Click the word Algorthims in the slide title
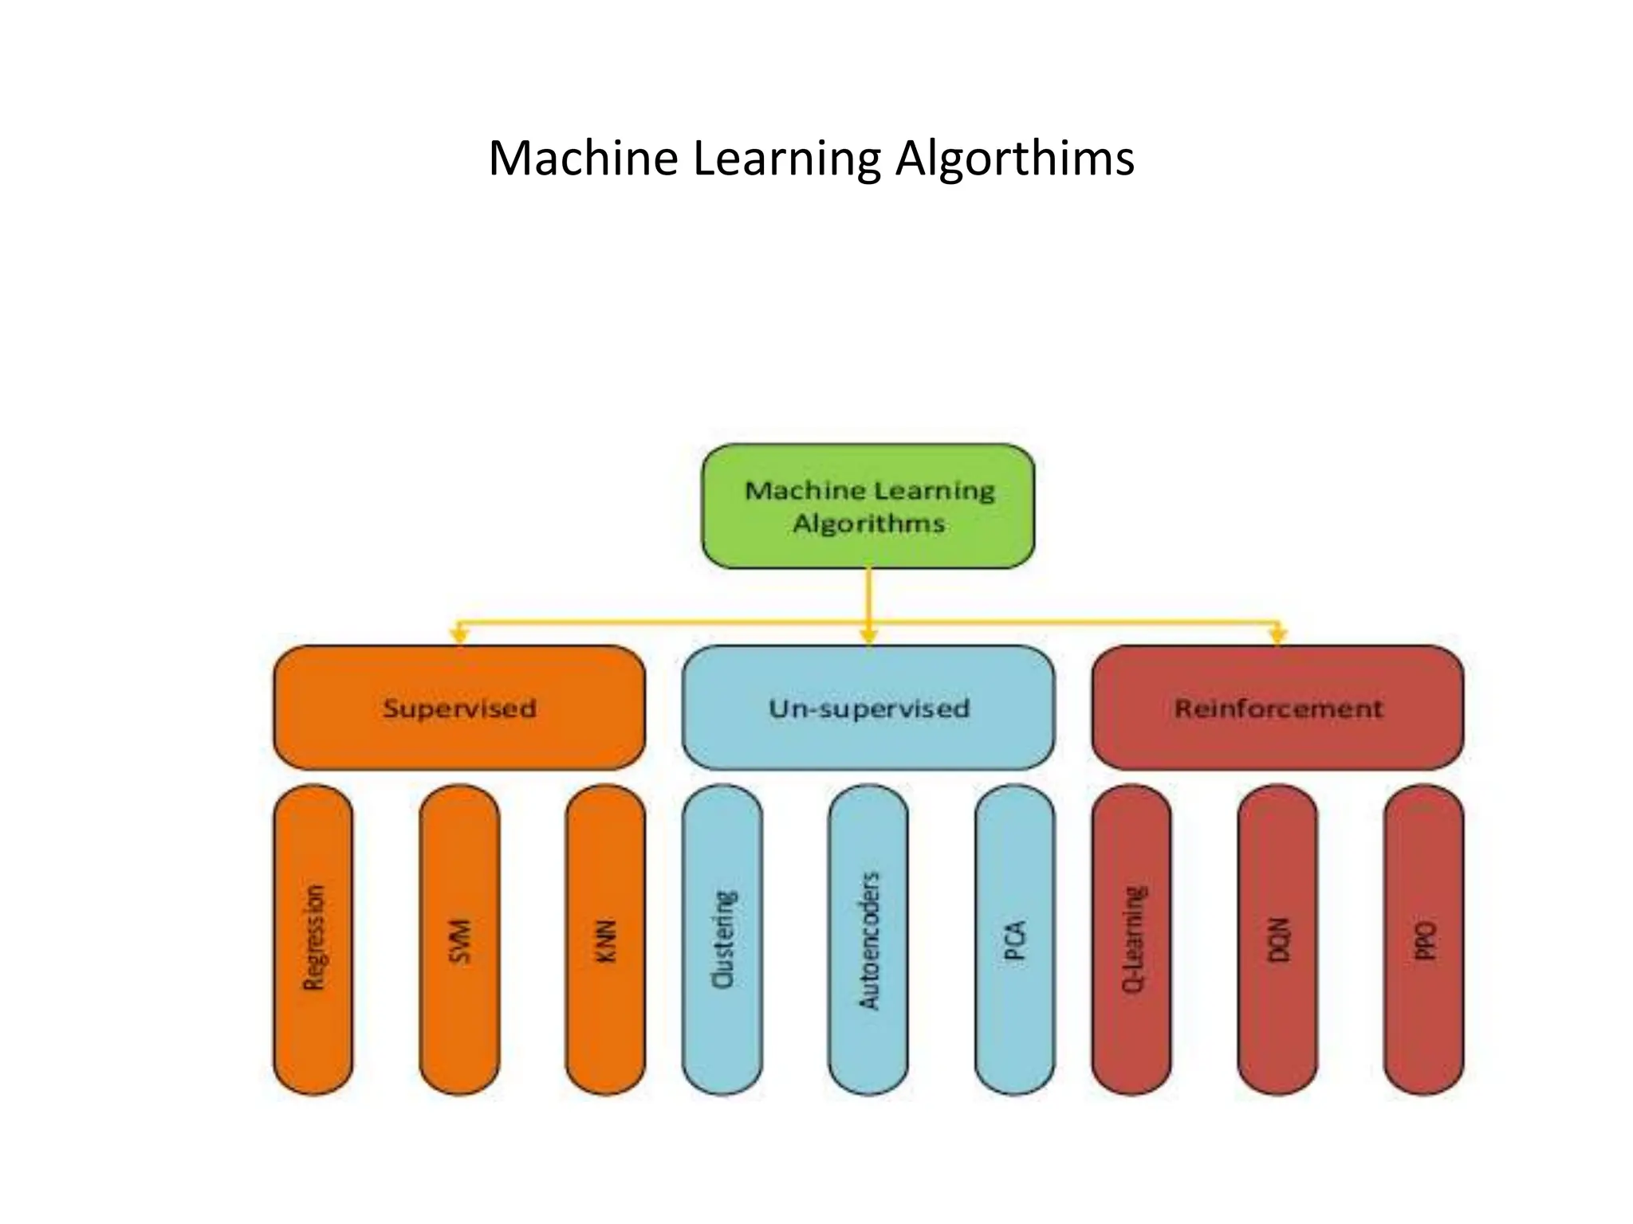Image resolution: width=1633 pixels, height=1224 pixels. coord(1014,159)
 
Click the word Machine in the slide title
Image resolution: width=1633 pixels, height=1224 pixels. coord(583,159)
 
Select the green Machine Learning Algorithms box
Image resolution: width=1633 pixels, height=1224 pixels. coord(868,506)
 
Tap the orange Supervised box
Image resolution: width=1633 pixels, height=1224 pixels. coord(458,708)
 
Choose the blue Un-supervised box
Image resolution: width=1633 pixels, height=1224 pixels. coord(868,708)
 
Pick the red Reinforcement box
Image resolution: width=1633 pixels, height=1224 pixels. coord(1277,708)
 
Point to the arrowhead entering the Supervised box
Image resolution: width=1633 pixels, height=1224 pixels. coord(458,636)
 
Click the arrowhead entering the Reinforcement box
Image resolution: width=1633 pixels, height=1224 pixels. coord(1278,636)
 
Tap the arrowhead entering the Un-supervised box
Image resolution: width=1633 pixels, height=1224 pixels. coord(869,636)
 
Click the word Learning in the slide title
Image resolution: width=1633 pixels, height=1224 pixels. coord(786,159)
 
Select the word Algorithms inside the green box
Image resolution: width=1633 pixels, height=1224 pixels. coord(868,524)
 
